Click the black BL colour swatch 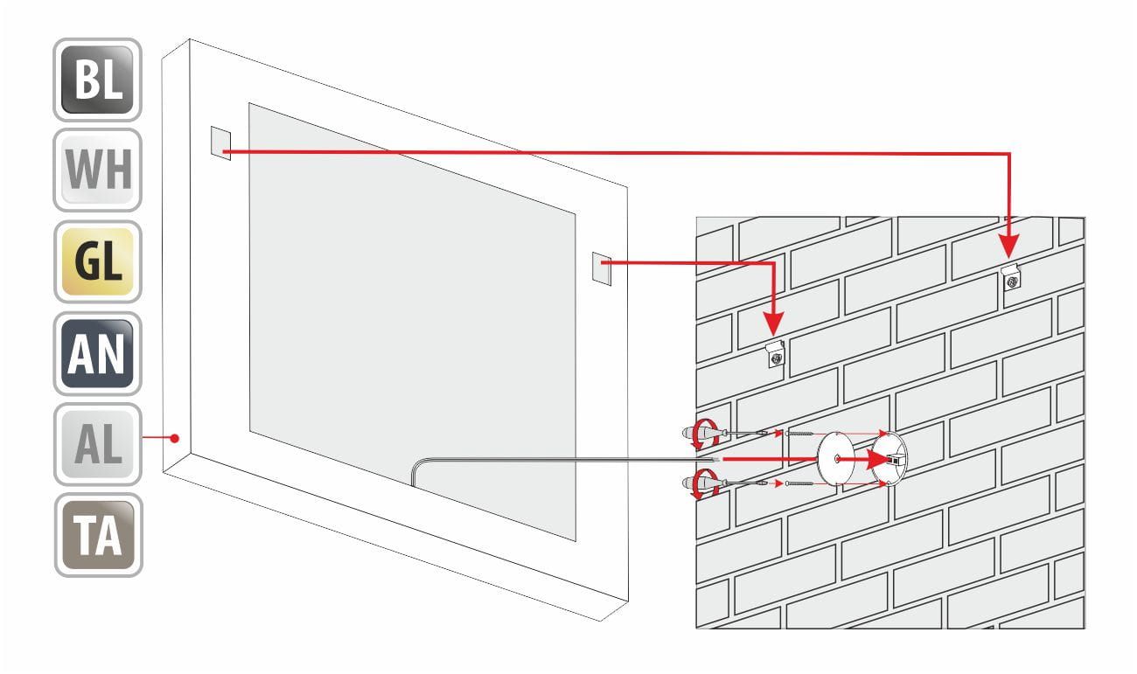[97, 80]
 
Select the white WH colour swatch [97, 170]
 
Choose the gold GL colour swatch [97, 261]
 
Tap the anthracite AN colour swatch [97, 353]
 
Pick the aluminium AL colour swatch [97, 444]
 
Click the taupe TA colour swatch [99, 535]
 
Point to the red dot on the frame [175, 438]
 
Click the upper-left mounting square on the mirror [220, 143]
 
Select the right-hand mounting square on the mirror [602, 268]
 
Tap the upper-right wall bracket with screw [1010, 277]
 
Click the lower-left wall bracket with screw [775, 354]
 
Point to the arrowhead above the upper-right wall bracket [1010, 247]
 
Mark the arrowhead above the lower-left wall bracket [774, 324]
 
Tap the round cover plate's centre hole [836, 459]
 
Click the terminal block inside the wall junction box [896, 459]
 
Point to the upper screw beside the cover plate [799, 434]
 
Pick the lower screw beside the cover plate [799, 483]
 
